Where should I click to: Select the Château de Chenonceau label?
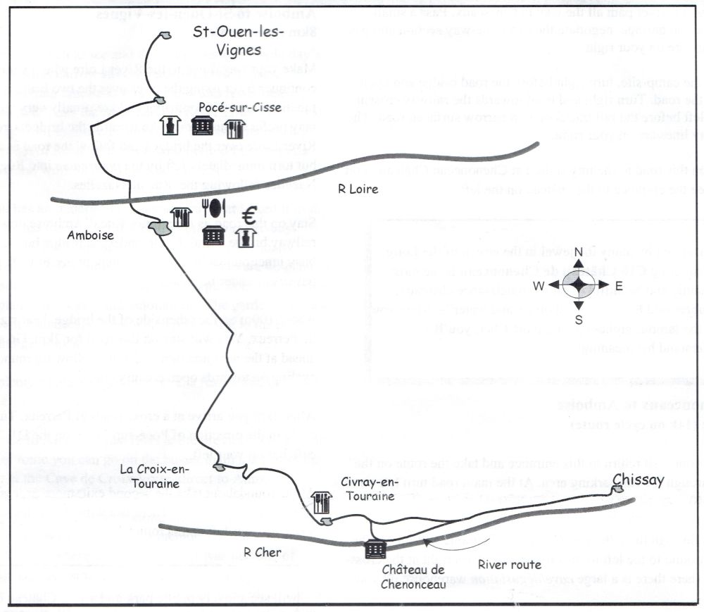tap(414, 575)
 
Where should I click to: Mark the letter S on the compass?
tap(578, 318)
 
